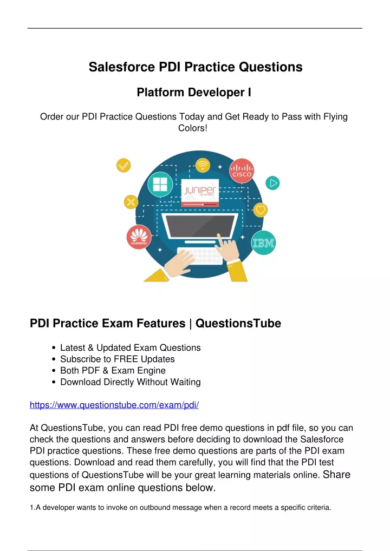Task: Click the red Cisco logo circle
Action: [242, 171]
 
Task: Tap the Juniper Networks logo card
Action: [200, 193]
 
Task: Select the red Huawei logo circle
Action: [139, 237]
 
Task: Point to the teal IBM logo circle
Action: [264, 243]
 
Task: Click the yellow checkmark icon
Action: [123, 165]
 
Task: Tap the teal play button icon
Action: [272, 183]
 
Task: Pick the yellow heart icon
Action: [260, 210]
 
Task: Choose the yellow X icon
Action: [131, 202]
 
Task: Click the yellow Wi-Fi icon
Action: [203, 165]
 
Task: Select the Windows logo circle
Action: [160, 184]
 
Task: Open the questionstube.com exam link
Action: [114, 405]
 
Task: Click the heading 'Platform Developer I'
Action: [194, 92]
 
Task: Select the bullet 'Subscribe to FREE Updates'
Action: [118, 359]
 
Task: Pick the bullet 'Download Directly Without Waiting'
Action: [131, 382]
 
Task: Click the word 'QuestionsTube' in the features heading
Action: [238, 323]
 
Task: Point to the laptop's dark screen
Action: [200, 225]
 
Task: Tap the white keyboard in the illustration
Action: [200, 256]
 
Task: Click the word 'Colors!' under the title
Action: [193, 128]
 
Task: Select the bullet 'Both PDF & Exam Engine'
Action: [113, 370]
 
